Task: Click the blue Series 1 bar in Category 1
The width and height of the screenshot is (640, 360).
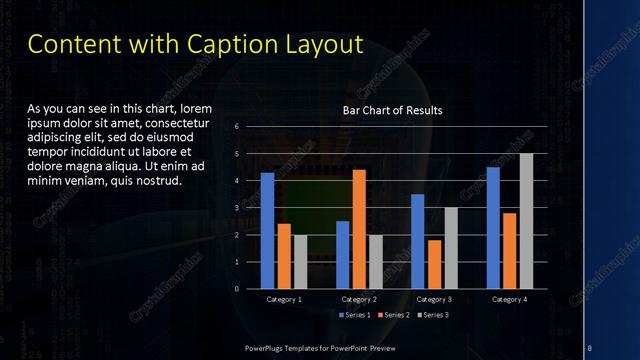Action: (267, 230)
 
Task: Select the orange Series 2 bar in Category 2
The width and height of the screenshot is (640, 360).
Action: (359, 229)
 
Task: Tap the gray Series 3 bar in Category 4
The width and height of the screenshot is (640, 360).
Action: (526, 221)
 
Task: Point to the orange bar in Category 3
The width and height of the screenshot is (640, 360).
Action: (434, 264)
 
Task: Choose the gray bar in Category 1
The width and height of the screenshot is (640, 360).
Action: (300, 261)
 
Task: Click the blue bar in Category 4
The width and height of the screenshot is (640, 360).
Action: (493, 227)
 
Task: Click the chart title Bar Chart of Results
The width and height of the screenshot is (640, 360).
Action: (393, 110)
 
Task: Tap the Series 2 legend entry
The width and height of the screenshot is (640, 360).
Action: (393, 315)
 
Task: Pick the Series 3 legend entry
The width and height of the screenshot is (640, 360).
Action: (433, 315)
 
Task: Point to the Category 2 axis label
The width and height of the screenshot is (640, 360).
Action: (359, 299)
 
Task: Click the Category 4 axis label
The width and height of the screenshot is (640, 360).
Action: (509, 299)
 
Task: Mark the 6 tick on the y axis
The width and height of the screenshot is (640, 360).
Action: (237, 127)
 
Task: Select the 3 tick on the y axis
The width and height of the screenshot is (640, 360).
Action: (237, 208)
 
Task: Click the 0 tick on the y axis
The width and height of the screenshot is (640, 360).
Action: (237, 289)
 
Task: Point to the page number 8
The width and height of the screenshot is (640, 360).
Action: (590, 347)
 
